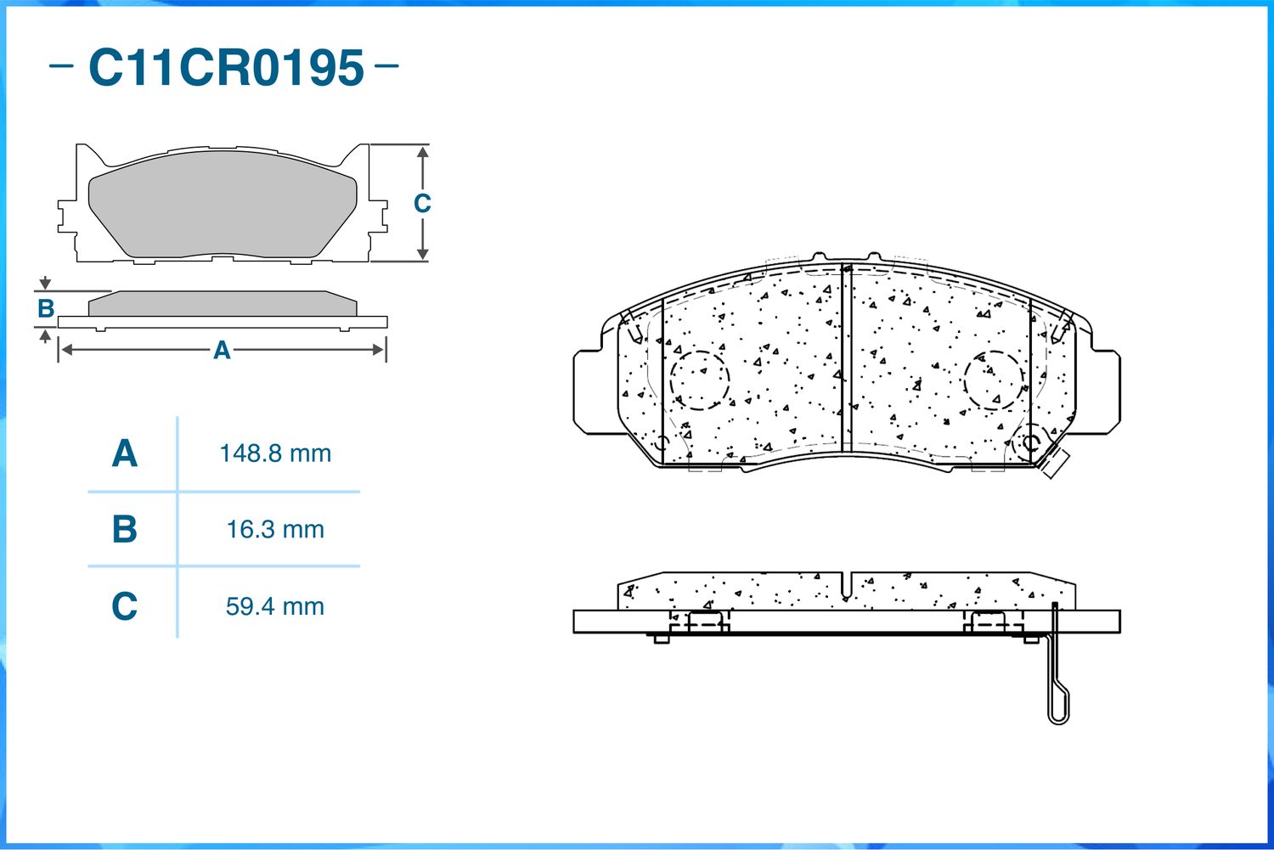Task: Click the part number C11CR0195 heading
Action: [x=226, y=68]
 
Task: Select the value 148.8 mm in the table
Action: [x=275, y=453]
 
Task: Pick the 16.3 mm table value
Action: [x=275, y=530]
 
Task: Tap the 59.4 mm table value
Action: [x=275, y=606]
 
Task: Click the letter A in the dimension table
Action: [x=125, y=453]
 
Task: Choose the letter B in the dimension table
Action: [x=125, y=529]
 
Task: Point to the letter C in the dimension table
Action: [x=125, y=606]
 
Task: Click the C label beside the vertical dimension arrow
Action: [x=422, y=204]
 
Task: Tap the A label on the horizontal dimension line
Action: [x=222, y=350]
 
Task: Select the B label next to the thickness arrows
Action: [x=46, y=308]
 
